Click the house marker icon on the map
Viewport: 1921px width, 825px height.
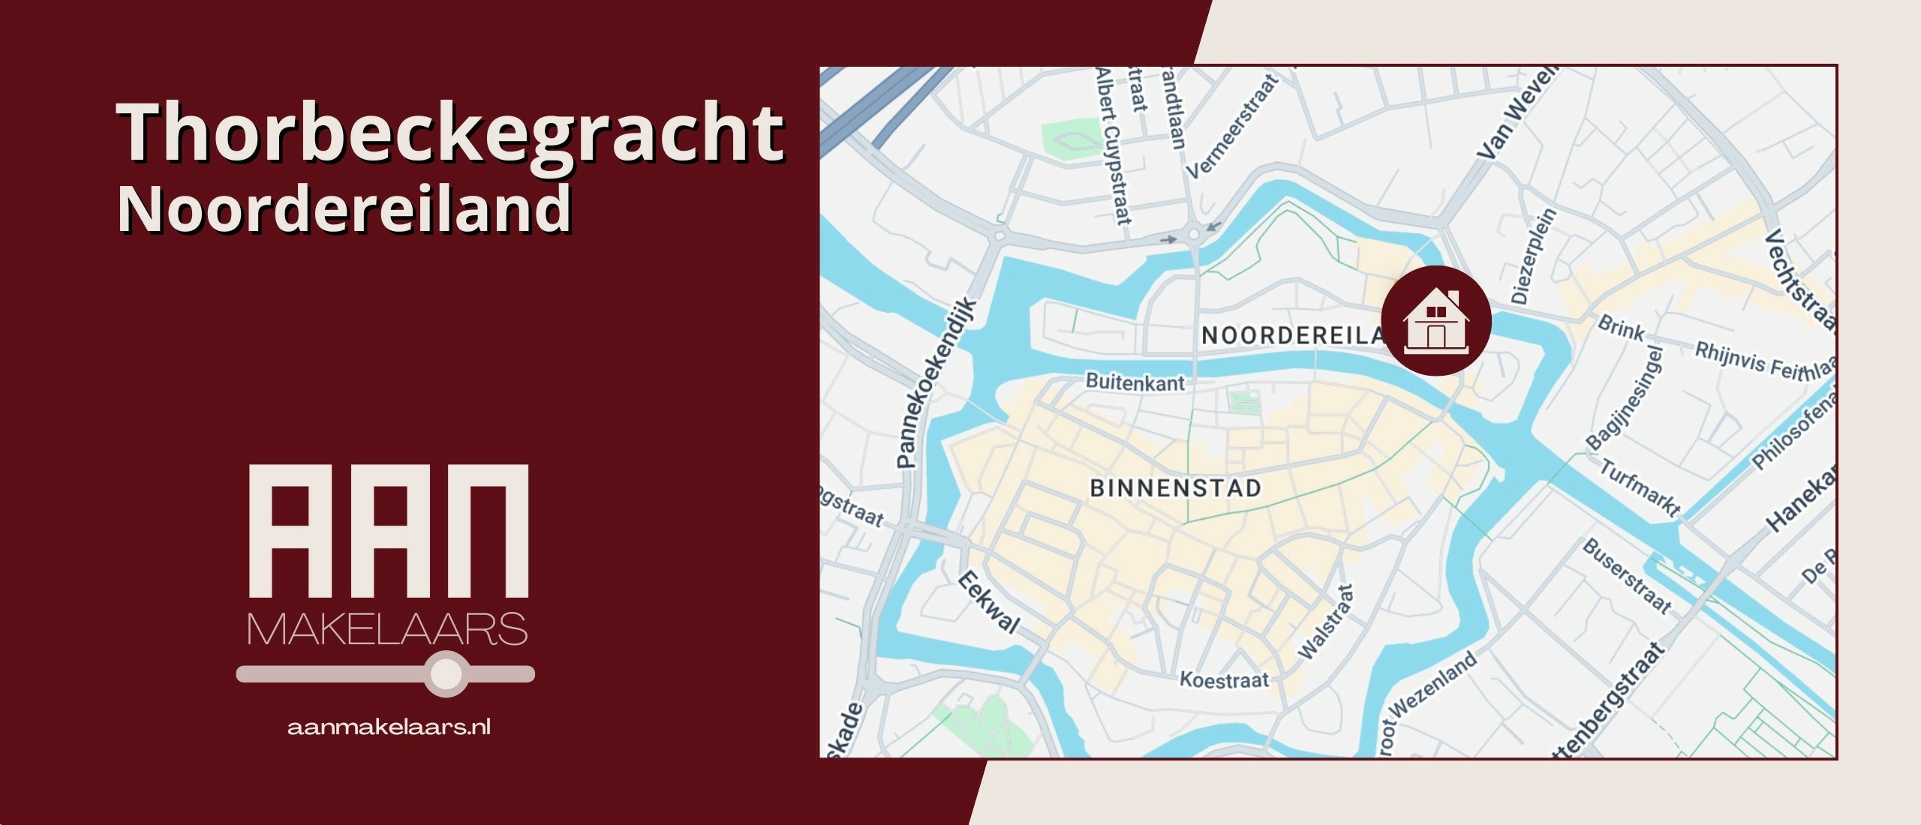1435,321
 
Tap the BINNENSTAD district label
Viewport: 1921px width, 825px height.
1175,488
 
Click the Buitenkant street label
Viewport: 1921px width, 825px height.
1135,382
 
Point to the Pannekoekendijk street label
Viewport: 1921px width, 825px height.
937,382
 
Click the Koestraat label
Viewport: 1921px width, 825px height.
1224,679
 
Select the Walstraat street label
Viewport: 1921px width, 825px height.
1327,622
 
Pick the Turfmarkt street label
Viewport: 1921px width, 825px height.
1640,487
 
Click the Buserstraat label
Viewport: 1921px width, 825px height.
1627,576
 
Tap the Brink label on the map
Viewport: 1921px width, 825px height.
1621,328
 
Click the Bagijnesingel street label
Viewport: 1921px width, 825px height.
1625,398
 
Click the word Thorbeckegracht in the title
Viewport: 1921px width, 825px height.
450,133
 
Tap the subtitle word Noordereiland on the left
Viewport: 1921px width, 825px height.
345,208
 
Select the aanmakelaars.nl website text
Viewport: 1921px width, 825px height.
389,727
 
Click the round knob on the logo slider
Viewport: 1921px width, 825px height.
446,673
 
